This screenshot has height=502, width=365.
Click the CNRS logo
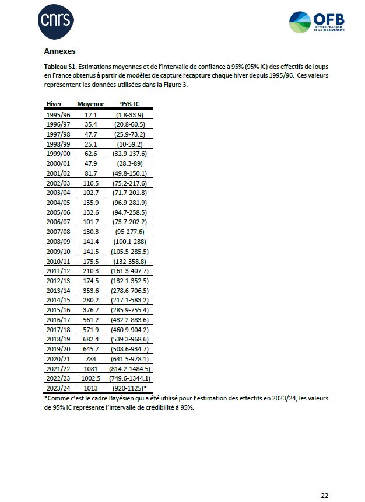tap(56, 21)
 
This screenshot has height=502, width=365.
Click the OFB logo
tap(317, 22)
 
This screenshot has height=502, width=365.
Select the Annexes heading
tap(59, 51)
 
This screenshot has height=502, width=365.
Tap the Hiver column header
tap(54, 104)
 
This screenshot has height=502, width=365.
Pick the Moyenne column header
tap(91, 104)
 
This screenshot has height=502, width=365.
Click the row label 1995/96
tap(58, 115)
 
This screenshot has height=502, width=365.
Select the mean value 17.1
tap(91, 115)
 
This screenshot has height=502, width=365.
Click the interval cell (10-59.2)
tap(129, 144)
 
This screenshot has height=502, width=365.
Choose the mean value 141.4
tap(91, 242)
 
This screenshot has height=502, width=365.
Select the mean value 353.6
tap(91, 290)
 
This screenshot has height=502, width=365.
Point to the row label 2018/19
tap(58, 339)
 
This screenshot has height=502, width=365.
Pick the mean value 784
tap(91, 358)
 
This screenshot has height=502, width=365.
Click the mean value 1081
tap(91, 368)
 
